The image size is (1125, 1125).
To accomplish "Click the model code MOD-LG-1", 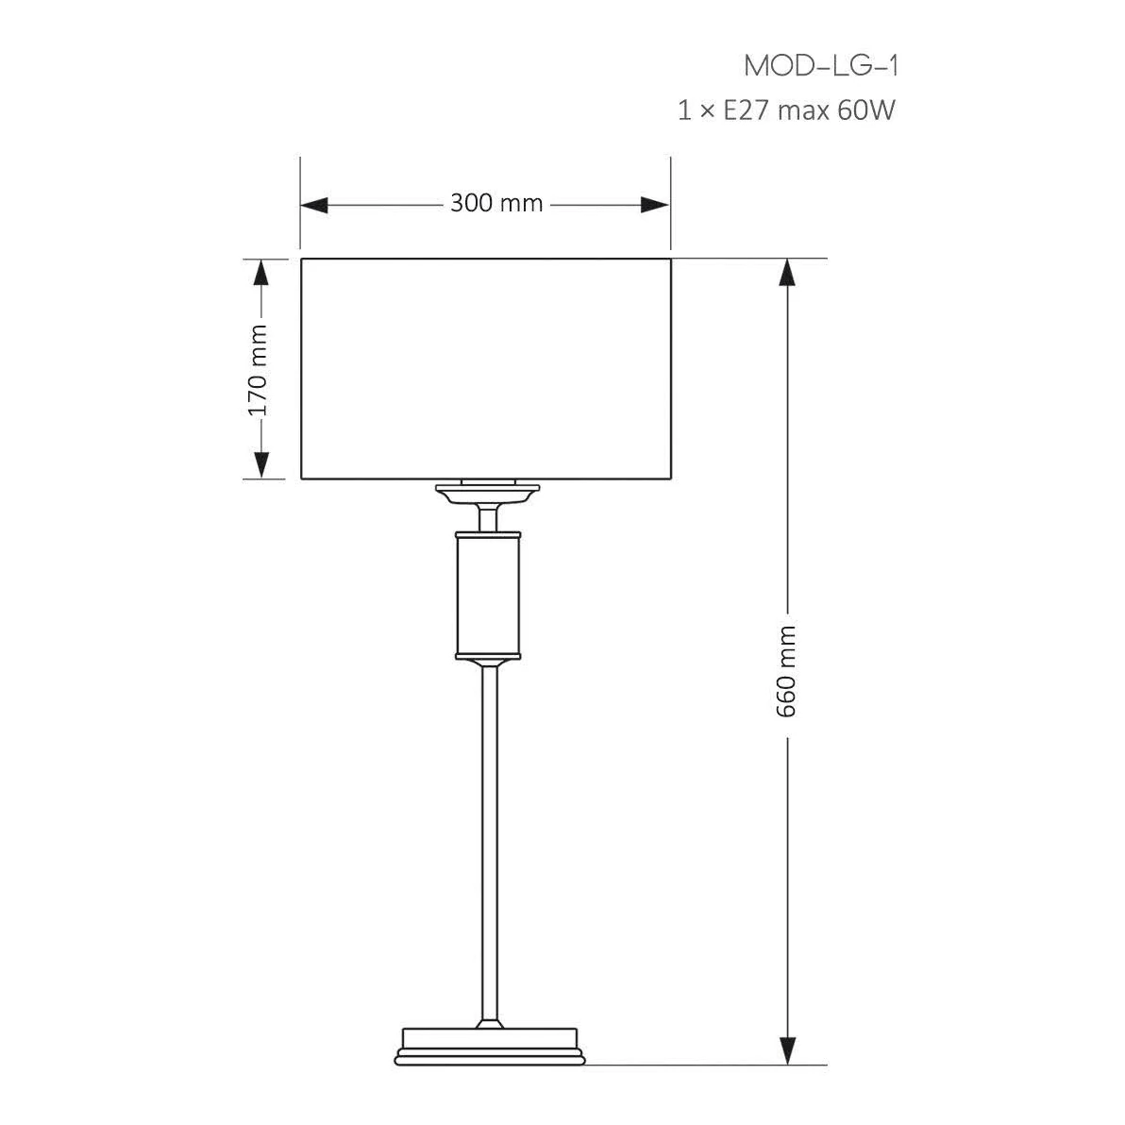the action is tap(821, 66).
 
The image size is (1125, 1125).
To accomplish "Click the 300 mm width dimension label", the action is tap(496, 203).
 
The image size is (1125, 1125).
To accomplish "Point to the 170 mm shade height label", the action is tap(257, 370).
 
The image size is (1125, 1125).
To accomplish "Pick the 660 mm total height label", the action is tap(786, 671).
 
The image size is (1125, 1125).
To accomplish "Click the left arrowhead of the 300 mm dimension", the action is tap(314, 205).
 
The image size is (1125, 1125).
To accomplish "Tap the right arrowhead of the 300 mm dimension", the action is tap(656, 205).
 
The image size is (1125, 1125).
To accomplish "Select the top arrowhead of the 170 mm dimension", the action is tap(261, 273).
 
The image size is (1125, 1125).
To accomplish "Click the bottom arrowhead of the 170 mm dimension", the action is tap(261, 464).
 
